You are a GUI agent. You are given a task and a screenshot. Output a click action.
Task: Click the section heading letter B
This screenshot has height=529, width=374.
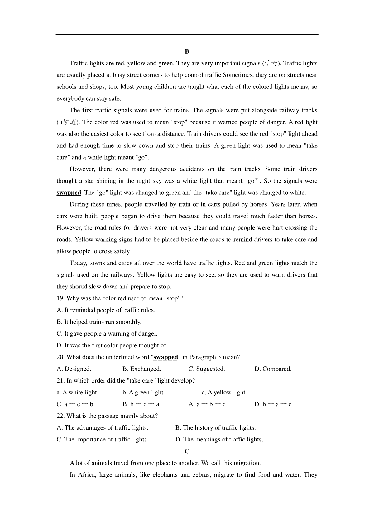[187, 51]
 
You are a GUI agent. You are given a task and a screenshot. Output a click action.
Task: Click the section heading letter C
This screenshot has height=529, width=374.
[187, 451]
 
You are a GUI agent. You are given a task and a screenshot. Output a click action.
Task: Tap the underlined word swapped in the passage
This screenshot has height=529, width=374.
[69, 193]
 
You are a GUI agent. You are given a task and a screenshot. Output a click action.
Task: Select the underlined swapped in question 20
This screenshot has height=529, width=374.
[165, 357]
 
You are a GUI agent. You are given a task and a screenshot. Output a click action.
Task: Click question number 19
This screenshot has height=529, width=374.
[60, 298]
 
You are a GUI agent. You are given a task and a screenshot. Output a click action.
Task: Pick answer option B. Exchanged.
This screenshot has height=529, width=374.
[142, 369]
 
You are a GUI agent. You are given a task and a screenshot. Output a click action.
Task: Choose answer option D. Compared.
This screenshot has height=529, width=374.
[273, 369]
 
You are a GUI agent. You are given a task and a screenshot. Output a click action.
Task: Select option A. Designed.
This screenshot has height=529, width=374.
[74, 369]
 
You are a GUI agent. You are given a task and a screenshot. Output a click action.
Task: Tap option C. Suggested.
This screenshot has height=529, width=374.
[207, 369]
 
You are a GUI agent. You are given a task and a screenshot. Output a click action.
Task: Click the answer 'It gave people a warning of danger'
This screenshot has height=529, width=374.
[107, 334]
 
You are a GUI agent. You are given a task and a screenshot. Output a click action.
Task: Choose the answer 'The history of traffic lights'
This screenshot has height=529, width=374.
[216, 428]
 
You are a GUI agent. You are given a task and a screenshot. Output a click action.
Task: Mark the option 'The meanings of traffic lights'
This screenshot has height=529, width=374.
[219, 440]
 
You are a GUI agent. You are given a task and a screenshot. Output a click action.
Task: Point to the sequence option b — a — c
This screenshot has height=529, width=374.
[273, 404]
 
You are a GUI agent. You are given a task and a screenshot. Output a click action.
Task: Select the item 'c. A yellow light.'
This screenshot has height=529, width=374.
[224, 393]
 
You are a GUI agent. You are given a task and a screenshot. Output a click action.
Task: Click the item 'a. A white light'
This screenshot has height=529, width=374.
[77, 393]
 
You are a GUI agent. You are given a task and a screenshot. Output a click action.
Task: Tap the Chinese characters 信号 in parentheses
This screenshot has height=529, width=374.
[271, 64]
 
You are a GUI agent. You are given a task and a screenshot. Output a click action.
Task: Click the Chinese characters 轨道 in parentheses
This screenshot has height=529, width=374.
[69, 122]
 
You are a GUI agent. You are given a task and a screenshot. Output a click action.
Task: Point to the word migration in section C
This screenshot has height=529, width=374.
[248, 463]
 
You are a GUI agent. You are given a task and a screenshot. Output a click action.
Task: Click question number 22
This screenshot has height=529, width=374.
[60, 416]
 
